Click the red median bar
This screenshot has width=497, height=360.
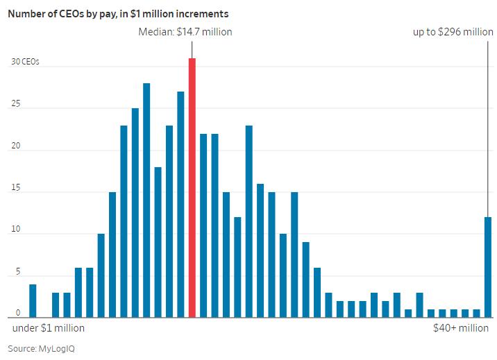pyautogui.click(x=192, y=187)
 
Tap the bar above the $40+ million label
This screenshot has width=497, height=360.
pyautogui.click(x=488, y=267)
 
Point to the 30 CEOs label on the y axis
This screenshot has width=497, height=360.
pyautogui.click(x=25, y=62)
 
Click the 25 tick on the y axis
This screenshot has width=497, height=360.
pyautogui.click(x=15, y=105)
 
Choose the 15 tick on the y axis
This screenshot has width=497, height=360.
pyautogui.click(x=15, y=189)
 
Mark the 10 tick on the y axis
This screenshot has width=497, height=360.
pyautogui.click(x=15, y=231)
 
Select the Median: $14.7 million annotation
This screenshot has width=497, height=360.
pyautogui.click(x=185, y=32)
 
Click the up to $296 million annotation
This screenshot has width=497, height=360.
pyautogui.click(x=453, y=32)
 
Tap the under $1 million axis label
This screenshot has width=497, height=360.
pyautogui.click(x=49, y=328)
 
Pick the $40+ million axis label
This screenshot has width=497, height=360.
pyautogui.click(x=461, y=328)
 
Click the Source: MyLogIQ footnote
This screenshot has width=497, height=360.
pyautogui.click(x=41, y=348)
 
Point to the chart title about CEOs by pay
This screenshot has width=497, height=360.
pyautogui.click(x=118, y=13)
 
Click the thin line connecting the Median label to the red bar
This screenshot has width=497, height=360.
pyautogui.click(x=192, y=48)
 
